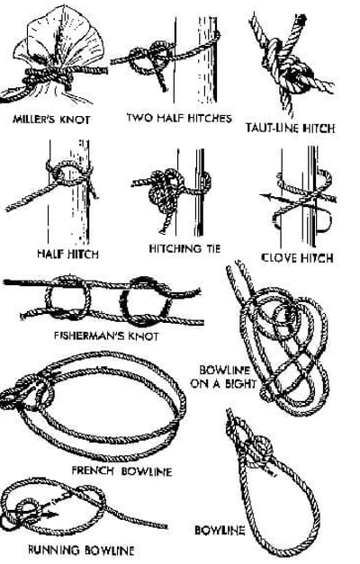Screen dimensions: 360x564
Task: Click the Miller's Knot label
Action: point(51,119)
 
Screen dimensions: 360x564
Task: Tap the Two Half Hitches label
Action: point(179,118)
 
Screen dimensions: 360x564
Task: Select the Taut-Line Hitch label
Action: point(290,128)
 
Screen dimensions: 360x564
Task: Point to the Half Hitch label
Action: point(67,254)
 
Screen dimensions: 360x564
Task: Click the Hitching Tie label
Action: point(184,248)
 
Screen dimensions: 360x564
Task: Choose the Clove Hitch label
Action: point(297,257)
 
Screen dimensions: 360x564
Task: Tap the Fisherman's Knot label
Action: point(106,336)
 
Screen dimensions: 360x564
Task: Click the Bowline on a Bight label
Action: point(223,377)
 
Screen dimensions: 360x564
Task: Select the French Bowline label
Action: point(121,470)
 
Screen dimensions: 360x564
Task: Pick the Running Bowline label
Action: point(81,550)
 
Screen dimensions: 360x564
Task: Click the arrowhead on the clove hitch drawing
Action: point(265,196)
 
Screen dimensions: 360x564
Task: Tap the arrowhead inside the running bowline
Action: point(53,515)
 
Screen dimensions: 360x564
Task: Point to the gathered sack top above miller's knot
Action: point(59,36)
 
